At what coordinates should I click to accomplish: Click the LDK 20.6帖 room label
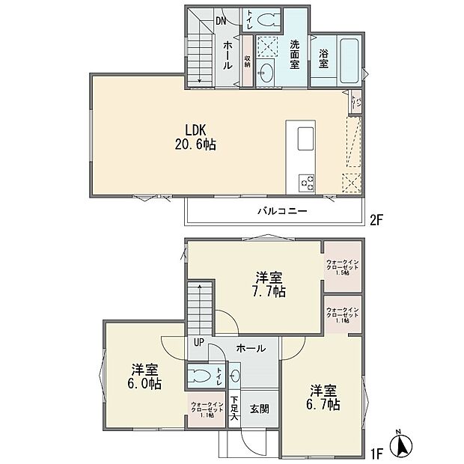(196, 136)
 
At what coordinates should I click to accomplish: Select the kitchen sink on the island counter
(305, 139)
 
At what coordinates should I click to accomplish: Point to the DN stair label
(221, 20)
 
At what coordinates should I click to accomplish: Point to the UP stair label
(198, 342)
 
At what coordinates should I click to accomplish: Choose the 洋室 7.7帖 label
(267, 285)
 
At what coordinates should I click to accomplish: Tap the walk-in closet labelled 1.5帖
(343, 266)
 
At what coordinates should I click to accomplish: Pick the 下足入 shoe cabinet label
(234, 409)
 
